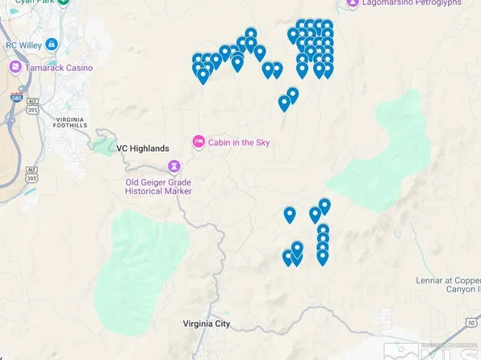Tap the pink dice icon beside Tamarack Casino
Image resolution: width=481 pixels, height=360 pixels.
click(15, 67)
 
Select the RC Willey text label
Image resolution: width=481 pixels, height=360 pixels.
click(24, 44)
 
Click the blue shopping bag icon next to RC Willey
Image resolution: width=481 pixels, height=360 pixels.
click(52, 44)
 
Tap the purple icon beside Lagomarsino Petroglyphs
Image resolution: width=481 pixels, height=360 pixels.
click(353, 3)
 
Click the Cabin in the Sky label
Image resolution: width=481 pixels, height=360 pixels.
click(239, 143)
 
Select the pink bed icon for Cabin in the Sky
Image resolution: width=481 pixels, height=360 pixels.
click(199, 142)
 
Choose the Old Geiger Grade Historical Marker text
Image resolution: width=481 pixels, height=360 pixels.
click(169, 187)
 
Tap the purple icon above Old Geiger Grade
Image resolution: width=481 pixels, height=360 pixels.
click(174, 166)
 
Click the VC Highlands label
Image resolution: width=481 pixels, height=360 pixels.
click(143, 149)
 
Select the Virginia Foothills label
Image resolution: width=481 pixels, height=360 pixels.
click(69, 121)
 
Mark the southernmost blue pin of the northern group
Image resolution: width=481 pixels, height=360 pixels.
click(284, 103)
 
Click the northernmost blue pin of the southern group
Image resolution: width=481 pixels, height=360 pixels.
click(324, 207)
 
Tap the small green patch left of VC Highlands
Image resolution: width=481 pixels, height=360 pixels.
click(102, 145)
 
